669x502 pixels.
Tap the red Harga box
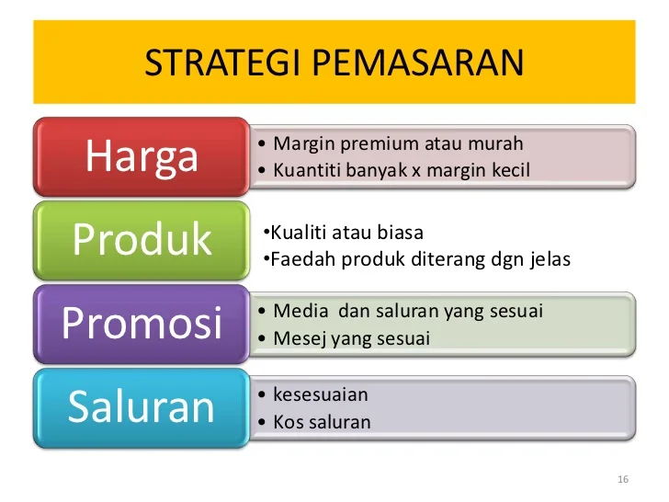pyautogui.click(x=142, y=156)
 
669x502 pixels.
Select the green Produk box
pyautogui.click(x=142, y=239)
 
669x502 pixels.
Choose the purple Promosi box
pyautogui.click(x=142, y=323)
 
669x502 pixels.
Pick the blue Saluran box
pyautogui.click(x=142, y=407)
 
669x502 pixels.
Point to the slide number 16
pyautogui.click(x=623, y=481)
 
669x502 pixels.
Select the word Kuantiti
pyautogui.click(x=308, y=170)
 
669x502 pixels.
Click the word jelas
pyautogui.click(x=550, y=259)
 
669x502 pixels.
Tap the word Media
pyautogui.click(x=297, y=312)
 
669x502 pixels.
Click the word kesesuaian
pyautogui.click(x=321, y=395)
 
